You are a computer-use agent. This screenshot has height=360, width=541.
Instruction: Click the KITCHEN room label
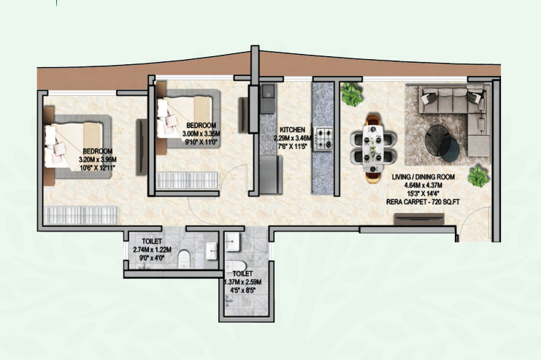pos(292,130)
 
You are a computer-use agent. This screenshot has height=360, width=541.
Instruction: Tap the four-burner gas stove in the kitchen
pos(323,139)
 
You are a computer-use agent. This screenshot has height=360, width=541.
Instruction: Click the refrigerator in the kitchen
pos(270,175)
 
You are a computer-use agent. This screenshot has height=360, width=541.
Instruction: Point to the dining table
pos(373,148)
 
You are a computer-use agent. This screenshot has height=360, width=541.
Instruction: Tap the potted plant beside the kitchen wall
pos(352,94)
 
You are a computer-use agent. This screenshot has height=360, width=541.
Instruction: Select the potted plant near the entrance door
pos(478,177)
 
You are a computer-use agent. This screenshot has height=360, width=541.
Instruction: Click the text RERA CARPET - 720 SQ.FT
pos(423,202)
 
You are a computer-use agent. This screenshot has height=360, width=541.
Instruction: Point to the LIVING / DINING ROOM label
pos(423,177)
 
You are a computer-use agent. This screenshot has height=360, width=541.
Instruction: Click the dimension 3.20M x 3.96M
pos(98,160)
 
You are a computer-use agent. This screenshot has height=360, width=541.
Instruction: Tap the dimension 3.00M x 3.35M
pos(202,134)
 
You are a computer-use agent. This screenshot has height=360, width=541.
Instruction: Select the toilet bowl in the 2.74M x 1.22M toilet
pos(184,259)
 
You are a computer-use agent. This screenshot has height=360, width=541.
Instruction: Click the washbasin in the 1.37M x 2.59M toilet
pos(233,242)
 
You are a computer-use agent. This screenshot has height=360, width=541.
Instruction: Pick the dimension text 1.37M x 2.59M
pos(242,282)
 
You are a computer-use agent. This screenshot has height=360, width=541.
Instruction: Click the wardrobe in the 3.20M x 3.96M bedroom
pos(81,215)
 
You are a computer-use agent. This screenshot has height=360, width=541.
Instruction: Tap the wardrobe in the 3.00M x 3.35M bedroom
pos(187,180)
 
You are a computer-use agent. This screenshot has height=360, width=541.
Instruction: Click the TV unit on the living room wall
pos(419,219)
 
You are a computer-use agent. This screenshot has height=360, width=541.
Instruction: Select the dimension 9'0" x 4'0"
pos(152,258)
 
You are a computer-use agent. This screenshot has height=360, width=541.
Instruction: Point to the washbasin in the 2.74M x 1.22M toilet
pos(212,251)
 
